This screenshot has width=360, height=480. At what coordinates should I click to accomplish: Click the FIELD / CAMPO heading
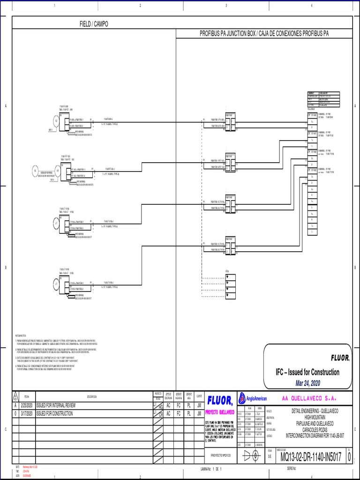pos(94,24)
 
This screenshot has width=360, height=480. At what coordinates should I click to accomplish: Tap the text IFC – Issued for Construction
pos(307,372)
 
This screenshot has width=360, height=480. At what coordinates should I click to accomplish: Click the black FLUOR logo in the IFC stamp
pos(340,358)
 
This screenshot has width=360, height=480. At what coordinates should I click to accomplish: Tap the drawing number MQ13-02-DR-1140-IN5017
pos(310,456)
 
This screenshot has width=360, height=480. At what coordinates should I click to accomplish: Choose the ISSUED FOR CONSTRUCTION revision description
pos(54,413)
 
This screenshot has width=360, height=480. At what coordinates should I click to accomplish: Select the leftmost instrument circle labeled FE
pos(35,171)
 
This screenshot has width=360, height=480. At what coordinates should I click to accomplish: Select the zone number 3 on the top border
pos(226,6)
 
